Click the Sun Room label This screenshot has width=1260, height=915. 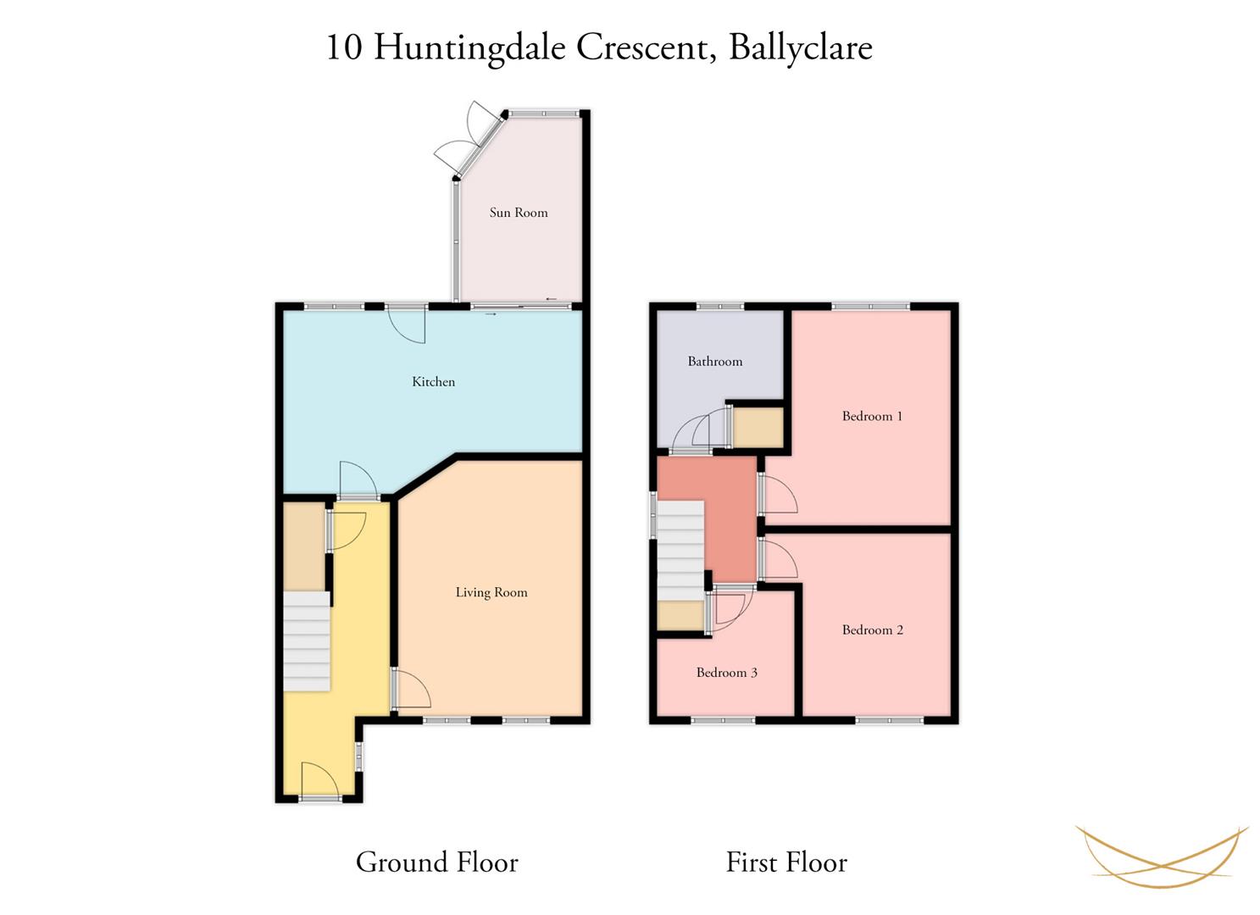[x=518, y=213]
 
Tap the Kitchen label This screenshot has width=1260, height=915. [x=433, y=382]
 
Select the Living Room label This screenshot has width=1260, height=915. [x=491, y=592]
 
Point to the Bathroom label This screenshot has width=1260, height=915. [x=715, y=361]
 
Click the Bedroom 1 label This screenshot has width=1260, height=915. [x=872, y=416]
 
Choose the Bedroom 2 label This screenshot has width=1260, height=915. [x=873, y=629]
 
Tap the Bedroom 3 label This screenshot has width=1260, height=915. [x=727, y=673]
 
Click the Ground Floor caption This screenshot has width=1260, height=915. [x=437, y=862]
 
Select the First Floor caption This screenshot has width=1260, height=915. [x=786, y=862]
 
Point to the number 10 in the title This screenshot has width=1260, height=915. [x=343, y=47]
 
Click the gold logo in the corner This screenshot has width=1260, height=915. [x=1162, y=857]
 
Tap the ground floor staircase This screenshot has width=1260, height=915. [x=307, y=640]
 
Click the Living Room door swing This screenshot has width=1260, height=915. [x=413, y=687]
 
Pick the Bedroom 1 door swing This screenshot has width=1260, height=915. [x=780, y=494]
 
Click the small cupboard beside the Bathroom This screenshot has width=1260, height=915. [x=758, y=427]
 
